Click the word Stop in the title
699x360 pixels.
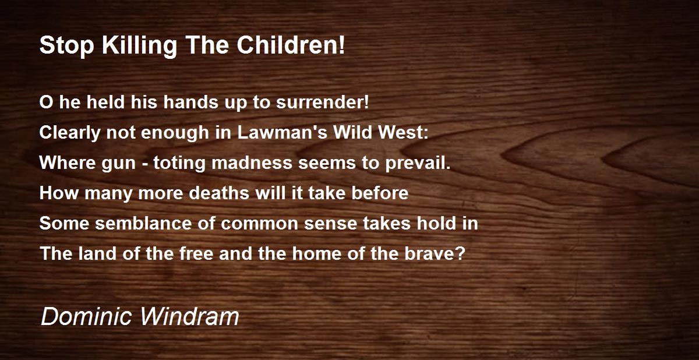tap(67, 45)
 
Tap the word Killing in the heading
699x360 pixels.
tap(139, 45)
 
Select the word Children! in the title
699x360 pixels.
tap(291, 45)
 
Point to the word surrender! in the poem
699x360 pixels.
tap(322, 102)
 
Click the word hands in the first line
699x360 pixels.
tap(191, 102)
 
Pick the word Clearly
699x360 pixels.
tap(69, 133)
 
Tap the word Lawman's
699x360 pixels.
tap(282, 132)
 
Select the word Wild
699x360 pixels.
tap(352, 132)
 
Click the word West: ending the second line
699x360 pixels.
tap(403, 132)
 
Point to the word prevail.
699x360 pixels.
tap(418, 163)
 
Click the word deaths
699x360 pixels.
tap(219, 193)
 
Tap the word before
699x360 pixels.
tap(380, 193)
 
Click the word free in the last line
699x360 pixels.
tap(196, 253)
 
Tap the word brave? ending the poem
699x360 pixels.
tap(435, 253)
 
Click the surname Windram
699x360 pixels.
tap(189, 317)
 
